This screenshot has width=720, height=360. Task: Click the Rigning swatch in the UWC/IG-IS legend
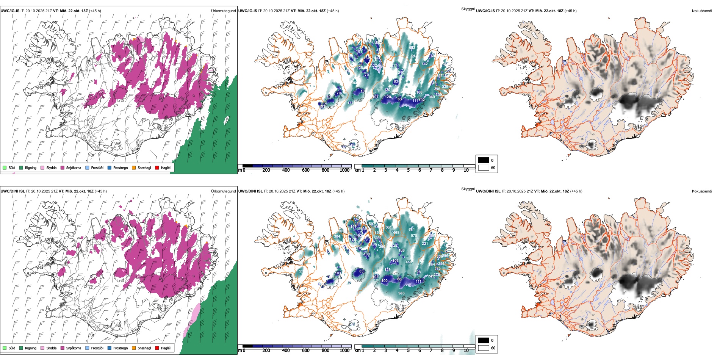click(21, 167)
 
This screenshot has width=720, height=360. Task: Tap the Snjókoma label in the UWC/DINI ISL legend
click(74, 348)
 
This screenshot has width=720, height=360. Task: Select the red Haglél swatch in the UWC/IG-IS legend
click(157, 167)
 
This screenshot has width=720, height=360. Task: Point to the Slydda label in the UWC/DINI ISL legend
click(51, 348)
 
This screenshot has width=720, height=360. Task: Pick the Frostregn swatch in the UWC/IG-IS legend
click(109, 167)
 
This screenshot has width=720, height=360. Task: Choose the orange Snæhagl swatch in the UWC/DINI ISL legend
click(134, 348)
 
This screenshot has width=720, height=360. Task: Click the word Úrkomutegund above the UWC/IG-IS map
click(223, 11)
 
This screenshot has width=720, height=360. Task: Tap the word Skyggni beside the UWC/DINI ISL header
click(468, 189)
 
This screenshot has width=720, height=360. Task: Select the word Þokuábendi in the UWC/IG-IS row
click(702, 11)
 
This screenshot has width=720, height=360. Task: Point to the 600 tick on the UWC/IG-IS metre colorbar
click(306, 170)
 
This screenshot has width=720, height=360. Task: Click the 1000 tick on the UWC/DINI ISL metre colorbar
click(344, 351)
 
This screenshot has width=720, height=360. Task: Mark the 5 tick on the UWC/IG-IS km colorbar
click(408, 170)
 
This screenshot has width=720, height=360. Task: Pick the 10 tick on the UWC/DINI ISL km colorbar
click(466, 351)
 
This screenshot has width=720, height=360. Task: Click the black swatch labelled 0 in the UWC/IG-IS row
click(484, 160)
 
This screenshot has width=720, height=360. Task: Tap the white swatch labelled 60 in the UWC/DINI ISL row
click(484, 348)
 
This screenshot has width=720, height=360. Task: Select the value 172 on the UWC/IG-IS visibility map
click(351, 103)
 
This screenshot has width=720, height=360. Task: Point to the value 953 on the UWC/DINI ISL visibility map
click(401, 293)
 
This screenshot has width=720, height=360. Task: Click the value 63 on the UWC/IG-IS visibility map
click(399, 99)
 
